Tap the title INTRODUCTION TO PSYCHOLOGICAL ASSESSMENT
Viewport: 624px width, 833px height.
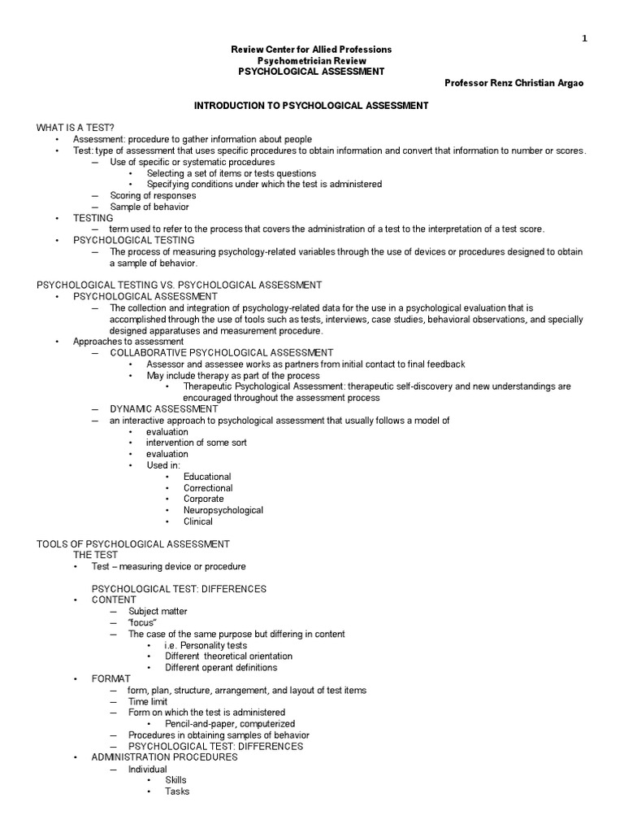(310, 107)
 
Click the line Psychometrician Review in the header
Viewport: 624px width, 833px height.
(311, 61)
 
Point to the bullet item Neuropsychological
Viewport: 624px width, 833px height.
(223, 510)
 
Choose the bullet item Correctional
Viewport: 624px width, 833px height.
(208, 488)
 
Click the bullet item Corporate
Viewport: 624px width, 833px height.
(203, 499)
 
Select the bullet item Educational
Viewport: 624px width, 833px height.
(207, 477)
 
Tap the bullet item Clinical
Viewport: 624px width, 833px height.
(197, 521)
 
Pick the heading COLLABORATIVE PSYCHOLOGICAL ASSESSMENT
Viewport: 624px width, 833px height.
(221, 353)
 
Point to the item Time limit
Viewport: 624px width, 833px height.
(150, 701)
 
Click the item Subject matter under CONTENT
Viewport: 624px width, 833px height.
(158, 611)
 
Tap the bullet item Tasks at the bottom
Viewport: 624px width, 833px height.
(177, 791)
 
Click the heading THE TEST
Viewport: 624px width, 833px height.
(96, 555)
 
